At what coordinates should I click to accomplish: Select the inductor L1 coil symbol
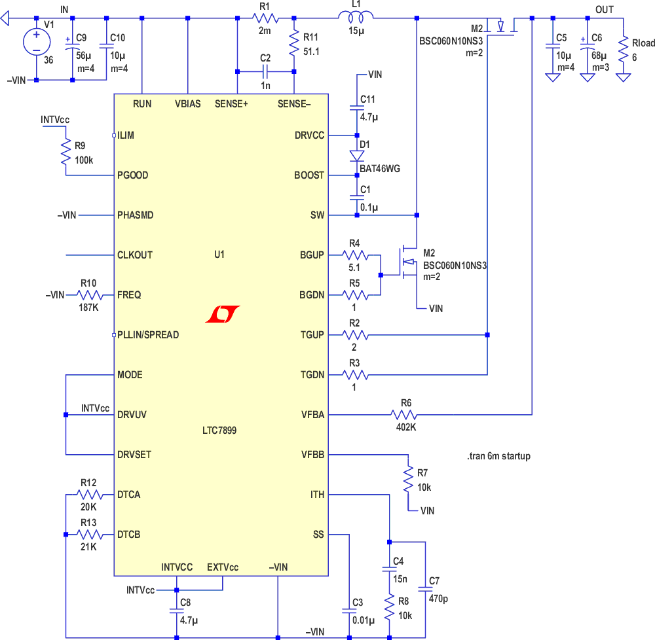[356, 18]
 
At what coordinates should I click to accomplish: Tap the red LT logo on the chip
[222, 315]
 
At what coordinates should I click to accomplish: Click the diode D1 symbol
[356, 156]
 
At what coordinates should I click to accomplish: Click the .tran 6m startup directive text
[498, 456]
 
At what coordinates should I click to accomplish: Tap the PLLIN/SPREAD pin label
[147, 335]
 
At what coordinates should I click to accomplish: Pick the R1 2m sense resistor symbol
[265, 18]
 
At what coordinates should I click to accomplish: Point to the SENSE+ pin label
[231, 103]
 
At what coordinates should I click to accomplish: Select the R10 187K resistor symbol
[88, 295]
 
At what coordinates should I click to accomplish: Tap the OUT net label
[605, 9]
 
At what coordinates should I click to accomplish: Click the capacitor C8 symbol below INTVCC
[176, 609]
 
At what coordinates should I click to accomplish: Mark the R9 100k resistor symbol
[65, 151]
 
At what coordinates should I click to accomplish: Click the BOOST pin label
[309, 175]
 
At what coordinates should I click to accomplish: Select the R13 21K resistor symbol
[88, 535]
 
